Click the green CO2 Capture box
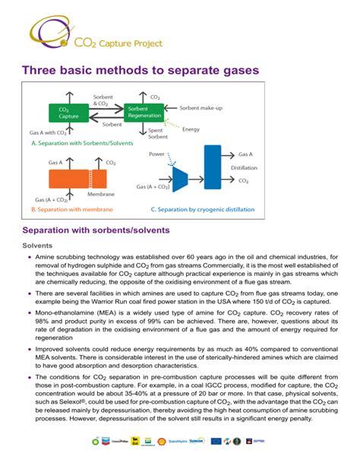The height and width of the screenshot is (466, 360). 67,113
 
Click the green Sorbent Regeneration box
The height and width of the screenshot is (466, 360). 142,113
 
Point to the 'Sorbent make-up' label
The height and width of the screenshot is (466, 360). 201,108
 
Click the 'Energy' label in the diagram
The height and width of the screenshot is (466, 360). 191,129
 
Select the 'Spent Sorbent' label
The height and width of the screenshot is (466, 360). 158,135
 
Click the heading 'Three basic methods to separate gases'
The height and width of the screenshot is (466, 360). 141,70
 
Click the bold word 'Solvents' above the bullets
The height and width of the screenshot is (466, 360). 37,246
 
